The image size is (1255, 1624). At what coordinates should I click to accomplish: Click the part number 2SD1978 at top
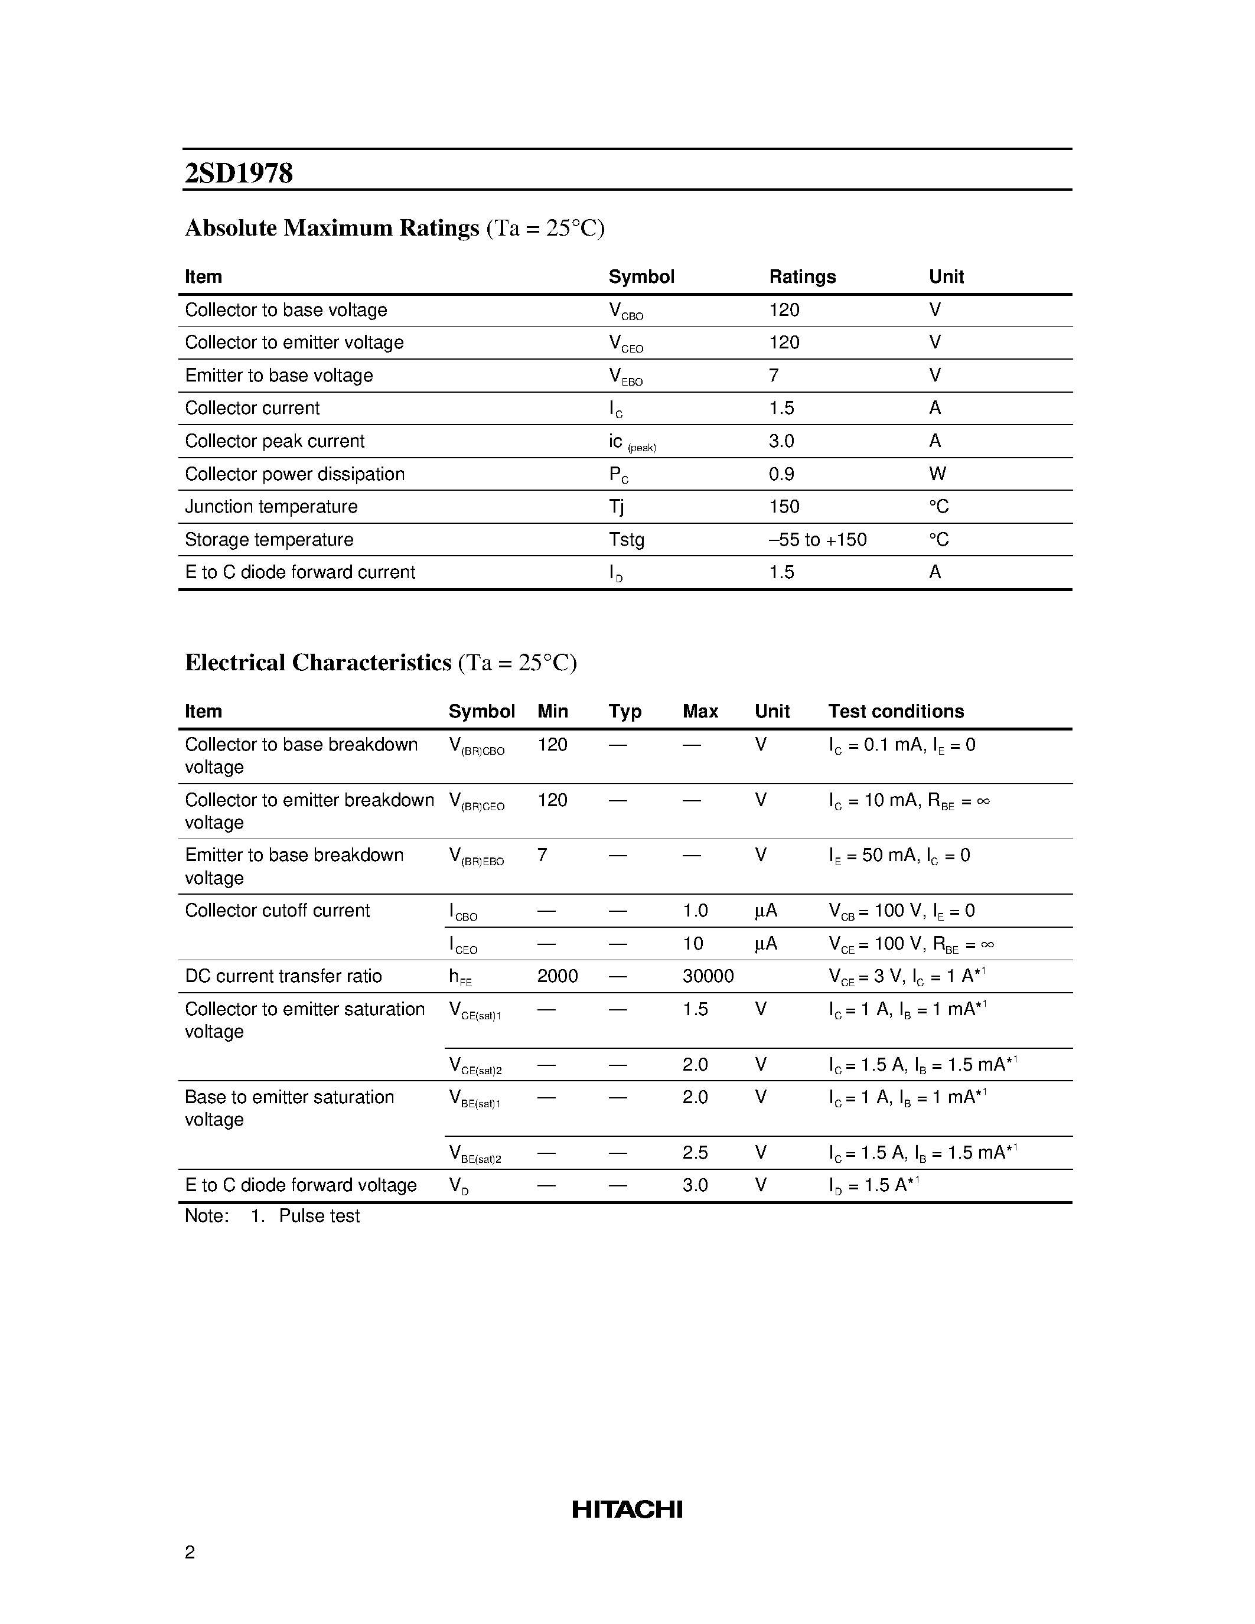[239, 173]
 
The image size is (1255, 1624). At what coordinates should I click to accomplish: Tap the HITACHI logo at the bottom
[627, 1509]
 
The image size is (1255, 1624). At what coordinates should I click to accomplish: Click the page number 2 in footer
[190, 1551]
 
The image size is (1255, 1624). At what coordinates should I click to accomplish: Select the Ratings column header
[801, 276]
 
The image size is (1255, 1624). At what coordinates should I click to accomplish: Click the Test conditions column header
[895, 711]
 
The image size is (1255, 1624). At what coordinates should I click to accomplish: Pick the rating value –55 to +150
[817, 539]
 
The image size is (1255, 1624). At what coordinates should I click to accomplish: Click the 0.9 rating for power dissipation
[781, 474]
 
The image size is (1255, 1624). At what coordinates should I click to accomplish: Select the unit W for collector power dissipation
[937, 474]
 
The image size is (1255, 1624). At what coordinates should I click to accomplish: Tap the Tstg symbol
[626, 539]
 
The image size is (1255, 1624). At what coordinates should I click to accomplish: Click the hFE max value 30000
[707, 976]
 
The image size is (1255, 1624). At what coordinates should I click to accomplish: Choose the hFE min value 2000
[557, 976]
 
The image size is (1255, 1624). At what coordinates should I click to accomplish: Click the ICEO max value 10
[692, 943]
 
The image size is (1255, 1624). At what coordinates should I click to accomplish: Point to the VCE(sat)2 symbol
[475, 1065]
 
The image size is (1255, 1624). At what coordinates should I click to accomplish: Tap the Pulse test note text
[319, 1216]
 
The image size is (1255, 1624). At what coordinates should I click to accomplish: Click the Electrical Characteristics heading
[318, 662]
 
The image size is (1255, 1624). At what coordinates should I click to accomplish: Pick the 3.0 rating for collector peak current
[781, 441]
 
